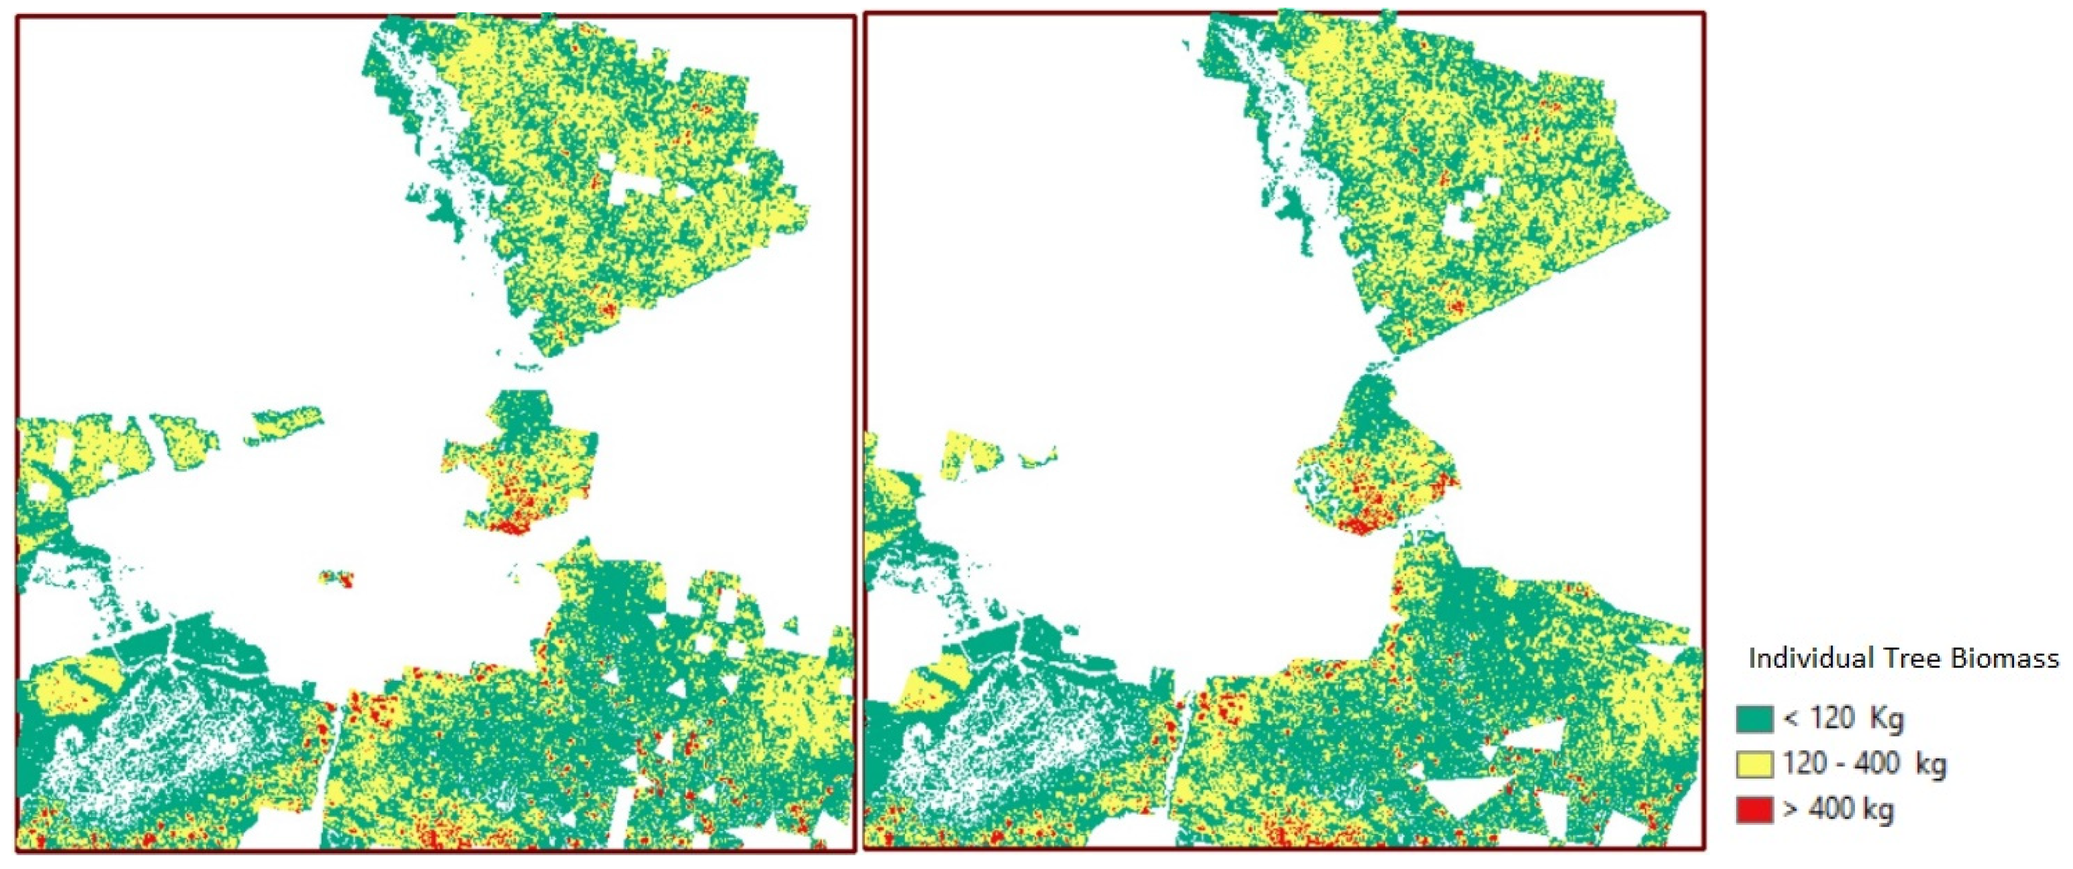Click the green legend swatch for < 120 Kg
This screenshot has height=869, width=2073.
[x=1755, y=719]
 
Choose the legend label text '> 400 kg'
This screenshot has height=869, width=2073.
[x=1838, y=808]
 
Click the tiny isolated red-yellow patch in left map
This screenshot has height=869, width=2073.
[x=336, y=578]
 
